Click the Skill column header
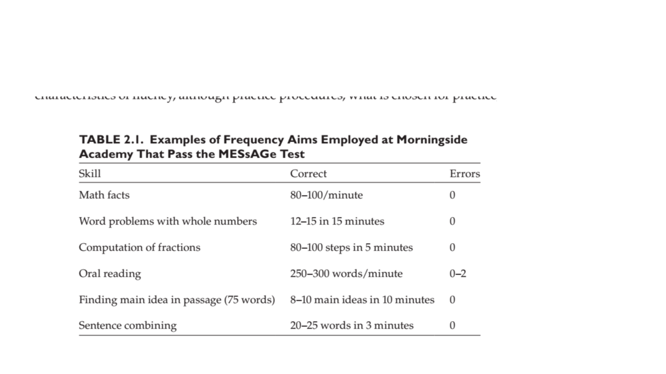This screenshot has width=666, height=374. [x=90, y=174]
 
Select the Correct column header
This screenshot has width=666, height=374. [x=308, y=174]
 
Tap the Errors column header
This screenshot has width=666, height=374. [x=465, y=174]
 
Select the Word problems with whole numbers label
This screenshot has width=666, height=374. [x=168, y=221]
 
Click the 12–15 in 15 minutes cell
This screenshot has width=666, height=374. [x=337, y=221]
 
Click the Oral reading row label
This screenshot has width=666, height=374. [x=110, y=274]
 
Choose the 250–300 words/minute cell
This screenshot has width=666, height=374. [x=346, y=274]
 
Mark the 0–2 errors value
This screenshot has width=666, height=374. [x=458, y=274]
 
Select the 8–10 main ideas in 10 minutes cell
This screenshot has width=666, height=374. [x=362, y=300]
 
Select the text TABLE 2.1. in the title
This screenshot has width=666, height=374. [x=111, y=140]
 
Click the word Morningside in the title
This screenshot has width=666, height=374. [x=432, y=140]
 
